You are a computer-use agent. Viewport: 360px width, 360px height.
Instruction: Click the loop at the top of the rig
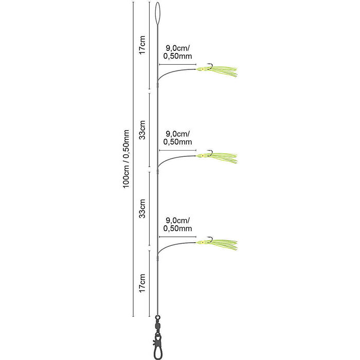point(157,13)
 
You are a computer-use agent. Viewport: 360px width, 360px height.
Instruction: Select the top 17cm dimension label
point(142,45)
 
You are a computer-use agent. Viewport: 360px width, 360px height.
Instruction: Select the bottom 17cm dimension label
point(142,283)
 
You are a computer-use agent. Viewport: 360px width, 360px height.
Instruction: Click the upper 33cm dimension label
point(142,130)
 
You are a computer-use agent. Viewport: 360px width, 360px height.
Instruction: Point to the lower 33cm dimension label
point(142,208)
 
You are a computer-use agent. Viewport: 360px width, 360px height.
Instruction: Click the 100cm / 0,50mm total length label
point(126,159)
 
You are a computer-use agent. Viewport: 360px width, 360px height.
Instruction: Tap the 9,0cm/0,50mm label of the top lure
point(177,52)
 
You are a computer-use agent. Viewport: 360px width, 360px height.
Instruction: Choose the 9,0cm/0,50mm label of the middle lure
point(177,138)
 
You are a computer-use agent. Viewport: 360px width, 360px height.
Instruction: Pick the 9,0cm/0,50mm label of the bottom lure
point(177,224)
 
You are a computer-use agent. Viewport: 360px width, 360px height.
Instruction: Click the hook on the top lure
point(210,66)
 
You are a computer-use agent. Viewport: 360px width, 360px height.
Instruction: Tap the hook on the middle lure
point(210,153)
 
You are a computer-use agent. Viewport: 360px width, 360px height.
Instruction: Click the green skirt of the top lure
point(217,71)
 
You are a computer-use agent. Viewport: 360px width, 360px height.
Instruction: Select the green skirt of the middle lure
point(217,158)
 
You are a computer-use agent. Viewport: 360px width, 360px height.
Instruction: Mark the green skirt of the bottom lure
point(217,244)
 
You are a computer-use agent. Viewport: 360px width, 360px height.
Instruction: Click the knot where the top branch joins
point(158,85)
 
